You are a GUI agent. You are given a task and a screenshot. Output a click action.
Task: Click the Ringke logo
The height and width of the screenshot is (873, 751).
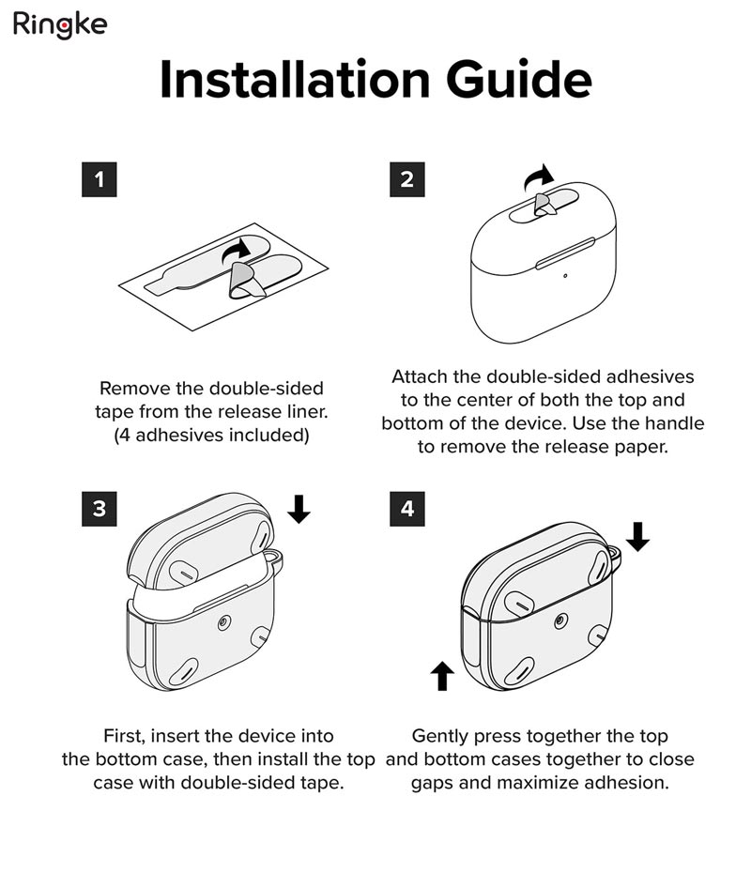coord(59,25)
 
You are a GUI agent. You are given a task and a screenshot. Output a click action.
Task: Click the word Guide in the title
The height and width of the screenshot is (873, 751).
coord(518,80)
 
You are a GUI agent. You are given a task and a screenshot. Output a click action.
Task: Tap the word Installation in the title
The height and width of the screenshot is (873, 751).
coord(295,80)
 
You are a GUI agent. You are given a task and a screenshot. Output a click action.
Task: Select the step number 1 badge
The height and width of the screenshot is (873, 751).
coord(100,179)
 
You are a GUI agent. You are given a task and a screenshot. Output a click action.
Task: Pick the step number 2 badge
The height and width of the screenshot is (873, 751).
coord(407,179)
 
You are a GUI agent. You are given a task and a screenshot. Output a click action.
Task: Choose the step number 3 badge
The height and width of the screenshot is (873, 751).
coord(100,509)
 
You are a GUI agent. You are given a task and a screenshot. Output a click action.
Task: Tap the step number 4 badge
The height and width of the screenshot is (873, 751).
coord(407,509)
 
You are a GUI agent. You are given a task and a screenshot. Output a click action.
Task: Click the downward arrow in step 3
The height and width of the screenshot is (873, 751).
coord(299,509)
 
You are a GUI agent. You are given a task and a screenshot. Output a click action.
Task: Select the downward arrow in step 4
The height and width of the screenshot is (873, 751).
coord(638,537)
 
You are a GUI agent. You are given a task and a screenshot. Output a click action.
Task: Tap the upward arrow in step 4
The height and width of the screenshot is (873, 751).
coord(442,676)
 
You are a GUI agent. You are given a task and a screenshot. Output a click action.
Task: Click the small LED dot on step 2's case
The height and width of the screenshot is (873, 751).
coord(565,276)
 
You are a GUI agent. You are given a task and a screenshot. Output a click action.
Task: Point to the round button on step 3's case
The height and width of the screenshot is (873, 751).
coord(223,622)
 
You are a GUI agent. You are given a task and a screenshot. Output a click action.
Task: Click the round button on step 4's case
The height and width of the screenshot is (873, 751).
coord(560,620)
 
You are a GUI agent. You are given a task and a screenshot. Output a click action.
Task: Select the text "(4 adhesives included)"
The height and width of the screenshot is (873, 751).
coord(211,435)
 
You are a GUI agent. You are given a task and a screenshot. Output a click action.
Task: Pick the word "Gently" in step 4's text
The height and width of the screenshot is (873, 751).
coord(442,736)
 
